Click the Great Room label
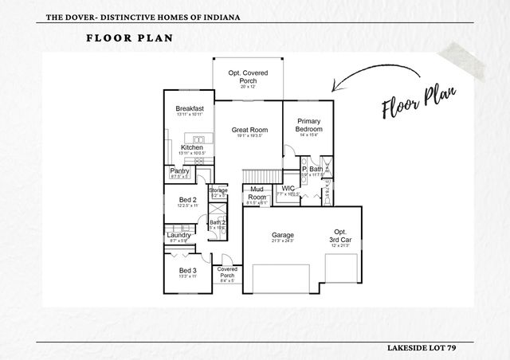pyautogui.click(x=249, y=130)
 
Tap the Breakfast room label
pyautogui.click(x=190, y=108)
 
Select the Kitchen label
pyautogui.click(x=191, y=148)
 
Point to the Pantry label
pyautogui.click(x=179, y=171)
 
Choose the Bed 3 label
pyautogui.click(x=187, y=271)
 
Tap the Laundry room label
pyautogui.click(x=178, y=235)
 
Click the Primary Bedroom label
pyautogui.click(x=308, y=125)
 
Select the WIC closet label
pyautogui.click(x=288, y=189)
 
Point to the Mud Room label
pyautogui.click(x=257, y=193)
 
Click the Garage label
pyautogui.click(x=282, y=235)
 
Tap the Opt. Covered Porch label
pyautogui.click(x=248, y=76)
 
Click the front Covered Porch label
pyautogui.click(x=227, y=272)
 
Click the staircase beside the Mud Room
pyautogui.click(x=261, y=175)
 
